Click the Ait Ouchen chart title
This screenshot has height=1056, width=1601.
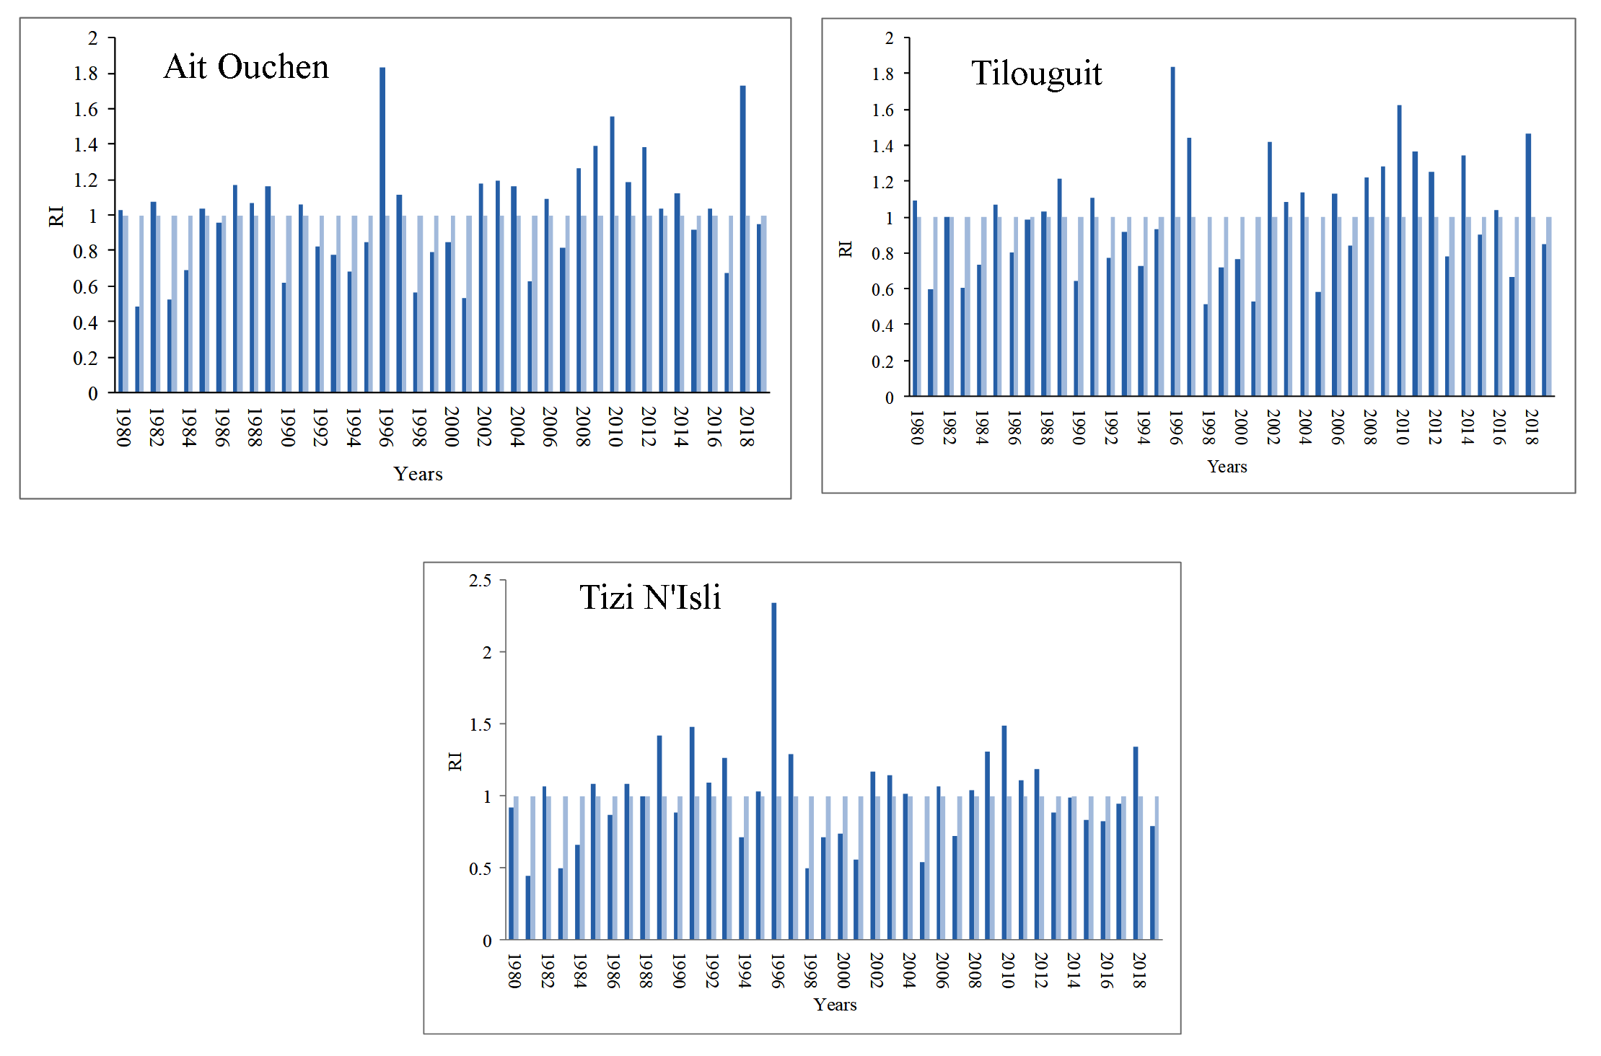(x=246, y=67)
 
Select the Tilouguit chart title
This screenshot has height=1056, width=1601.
(x=1036, y=74)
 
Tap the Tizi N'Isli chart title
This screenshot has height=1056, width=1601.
(x=649, y=597)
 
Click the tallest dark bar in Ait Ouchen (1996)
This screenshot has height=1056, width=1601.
(x=382, y=231)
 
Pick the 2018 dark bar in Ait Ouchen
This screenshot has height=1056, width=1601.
(x=742, y=238)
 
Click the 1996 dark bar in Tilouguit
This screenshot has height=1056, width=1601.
(x=1172, y=231)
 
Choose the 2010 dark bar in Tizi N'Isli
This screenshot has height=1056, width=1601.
(x=1004, y=832)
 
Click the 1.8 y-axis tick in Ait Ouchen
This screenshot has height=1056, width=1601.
(x=85, y=74)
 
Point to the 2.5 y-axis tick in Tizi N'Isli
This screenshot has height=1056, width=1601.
(x=480, y=581)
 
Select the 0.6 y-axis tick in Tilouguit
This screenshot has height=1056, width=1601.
(x=882, y=290)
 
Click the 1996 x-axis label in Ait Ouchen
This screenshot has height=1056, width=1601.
(x=385, y=427)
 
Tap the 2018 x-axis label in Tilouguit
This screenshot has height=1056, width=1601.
(x=1531, y=427)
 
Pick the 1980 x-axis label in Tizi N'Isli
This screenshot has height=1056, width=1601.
(x=514, y=971)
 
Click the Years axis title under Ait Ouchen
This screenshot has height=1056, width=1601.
(x=418, y=474)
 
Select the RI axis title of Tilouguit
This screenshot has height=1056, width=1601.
(x=845, y=250)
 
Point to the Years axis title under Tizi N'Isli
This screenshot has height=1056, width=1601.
(x=835, y=1005)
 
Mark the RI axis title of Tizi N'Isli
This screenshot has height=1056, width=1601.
(x=455, y=761)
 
